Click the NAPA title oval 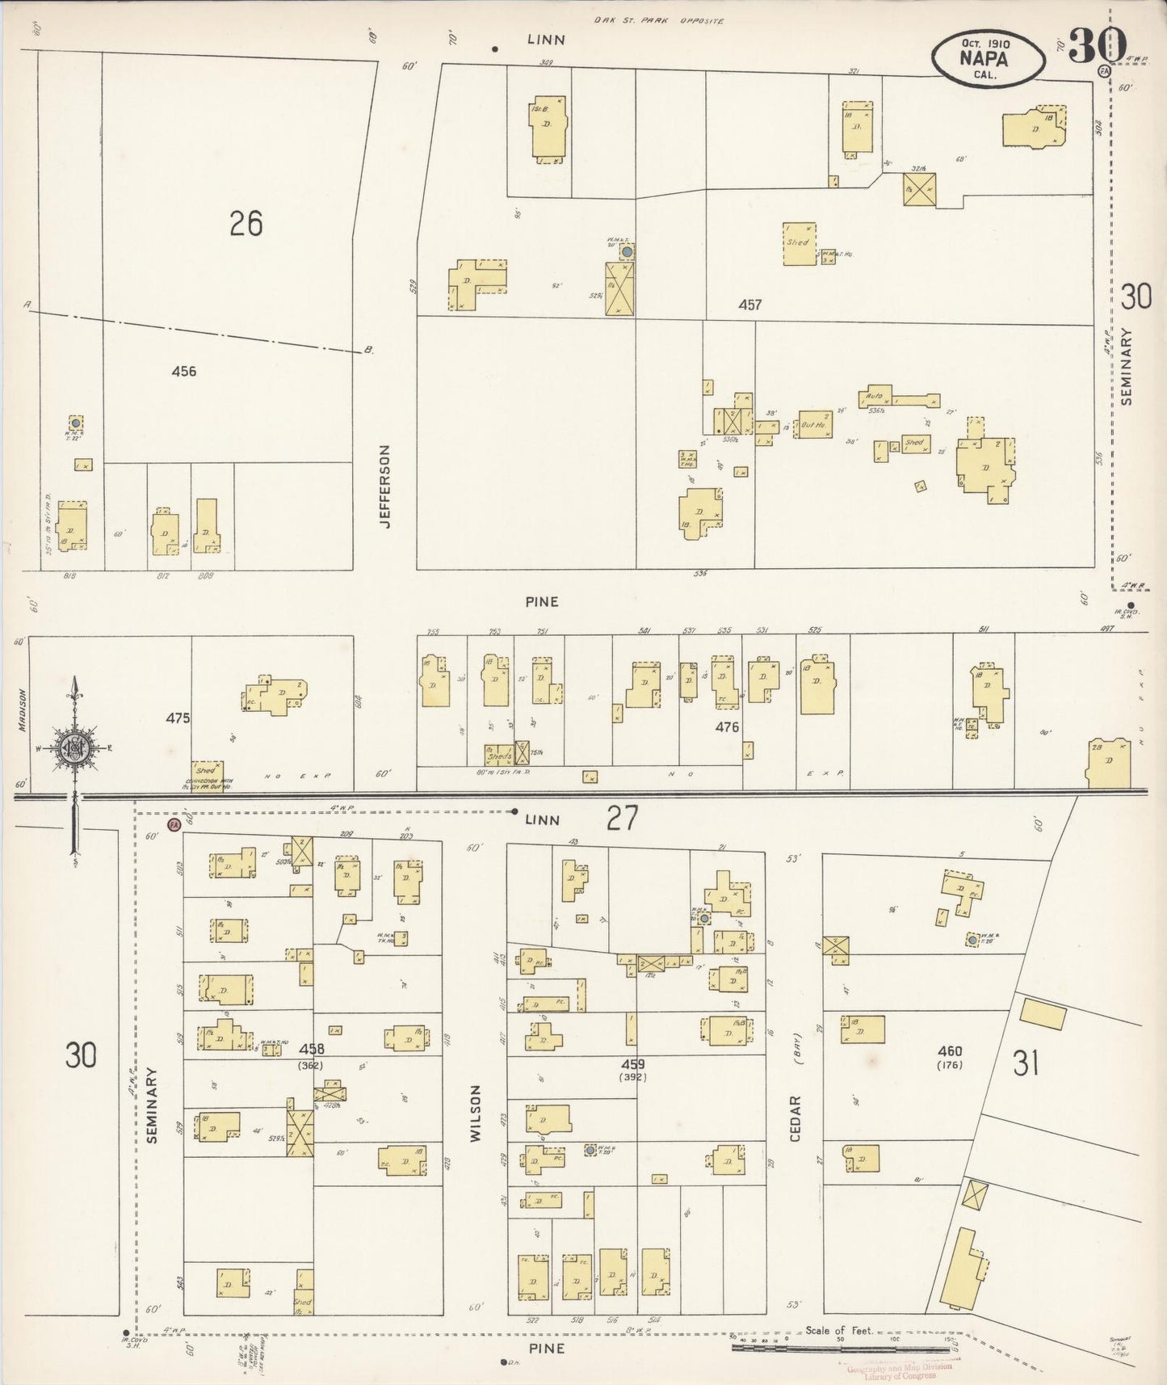point(987,59)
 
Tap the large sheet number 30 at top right point(1097,45)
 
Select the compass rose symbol point(75,747)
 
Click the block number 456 point(184,372)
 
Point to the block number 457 point(749,305)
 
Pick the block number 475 point(178,718)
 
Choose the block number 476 point(727,727)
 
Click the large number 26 point(246,224)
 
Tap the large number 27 point(623,819)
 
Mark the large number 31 point(1025,1063)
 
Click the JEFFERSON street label point(385,486)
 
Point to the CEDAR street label point(795,1118)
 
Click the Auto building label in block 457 point(873,397)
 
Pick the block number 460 point(950,1051)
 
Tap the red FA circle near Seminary point(174,825)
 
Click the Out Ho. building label point(812,424)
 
